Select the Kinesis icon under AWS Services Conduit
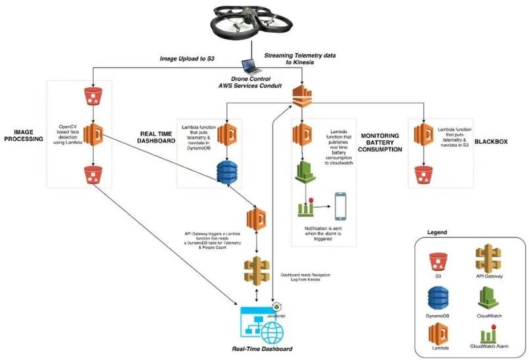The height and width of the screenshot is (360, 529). (301, 94)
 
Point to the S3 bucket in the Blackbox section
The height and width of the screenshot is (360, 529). (421, 174)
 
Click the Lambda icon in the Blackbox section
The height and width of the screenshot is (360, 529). (421, 134)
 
